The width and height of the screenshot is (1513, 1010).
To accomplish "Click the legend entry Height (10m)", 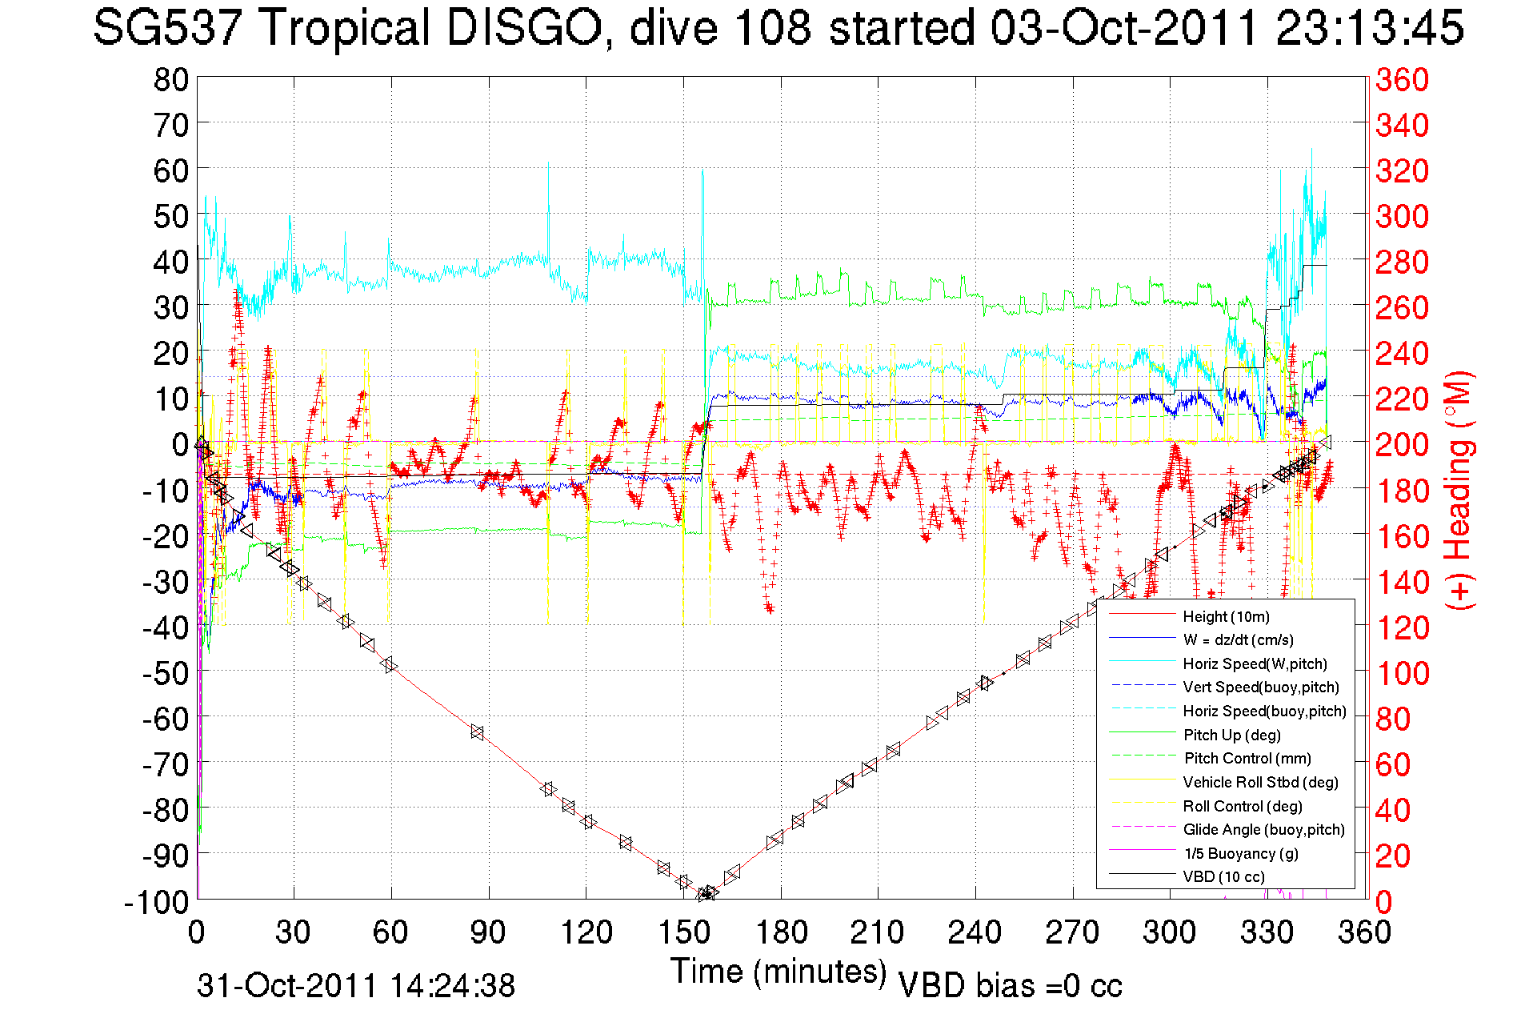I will (1226, 616).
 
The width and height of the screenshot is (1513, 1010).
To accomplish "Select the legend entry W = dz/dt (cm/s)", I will (1238, 639).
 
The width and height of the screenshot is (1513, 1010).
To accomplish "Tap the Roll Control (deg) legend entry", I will (1243, 806).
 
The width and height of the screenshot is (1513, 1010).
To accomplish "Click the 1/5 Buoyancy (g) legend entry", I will (1241, 853).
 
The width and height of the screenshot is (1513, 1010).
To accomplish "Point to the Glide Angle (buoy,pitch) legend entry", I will (1263, 829).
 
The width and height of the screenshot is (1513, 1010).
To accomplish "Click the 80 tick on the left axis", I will (170, 79).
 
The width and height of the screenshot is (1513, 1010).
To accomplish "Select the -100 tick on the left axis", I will (157, 902).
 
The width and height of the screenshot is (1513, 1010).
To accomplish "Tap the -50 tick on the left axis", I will (166, 673).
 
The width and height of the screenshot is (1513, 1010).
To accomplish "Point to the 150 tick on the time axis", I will (683, 932).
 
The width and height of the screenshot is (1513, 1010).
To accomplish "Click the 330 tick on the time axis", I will (1267, 932).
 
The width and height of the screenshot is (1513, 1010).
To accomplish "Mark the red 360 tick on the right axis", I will (1402, 79).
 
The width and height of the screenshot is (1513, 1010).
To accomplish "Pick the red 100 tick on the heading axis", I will (1402, 673).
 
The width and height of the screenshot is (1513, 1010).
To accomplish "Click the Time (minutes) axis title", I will (779, 972).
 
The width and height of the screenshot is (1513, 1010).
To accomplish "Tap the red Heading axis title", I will (1459, 490).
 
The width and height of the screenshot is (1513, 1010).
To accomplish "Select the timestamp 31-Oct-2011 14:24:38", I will (356, 986).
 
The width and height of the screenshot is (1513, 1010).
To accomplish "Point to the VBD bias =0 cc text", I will (1010, 986).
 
